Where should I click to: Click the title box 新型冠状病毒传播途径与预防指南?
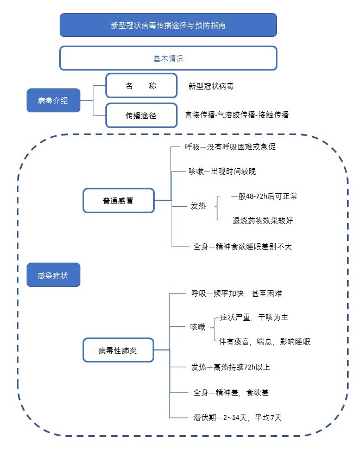168,25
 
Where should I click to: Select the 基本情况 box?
168,58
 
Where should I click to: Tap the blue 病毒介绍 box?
53,100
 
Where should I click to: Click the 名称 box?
141,86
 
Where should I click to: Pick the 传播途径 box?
141,115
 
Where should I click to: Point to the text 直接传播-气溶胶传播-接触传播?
237,114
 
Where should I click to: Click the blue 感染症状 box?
53,275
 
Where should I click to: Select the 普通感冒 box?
118,201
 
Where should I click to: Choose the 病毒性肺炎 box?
118,350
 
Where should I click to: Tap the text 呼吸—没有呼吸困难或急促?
230,147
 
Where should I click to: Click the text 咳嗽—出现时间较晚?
222,171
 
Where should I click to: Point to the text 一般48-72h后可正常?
264,196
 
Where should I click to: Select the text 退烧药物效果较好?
263,220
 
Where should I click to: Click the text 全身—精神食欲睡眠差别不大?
243,246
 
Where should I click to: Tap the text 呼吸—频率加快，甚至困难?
237,294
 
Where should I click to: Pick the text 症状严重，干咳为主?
254,317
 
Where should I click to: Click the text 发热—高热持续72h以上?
231,367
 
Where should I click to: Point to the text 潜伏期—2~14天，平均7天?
237,417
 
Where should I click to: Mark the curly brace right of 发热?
217,208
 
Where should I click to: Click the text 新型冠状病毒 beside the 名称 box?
211,86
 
